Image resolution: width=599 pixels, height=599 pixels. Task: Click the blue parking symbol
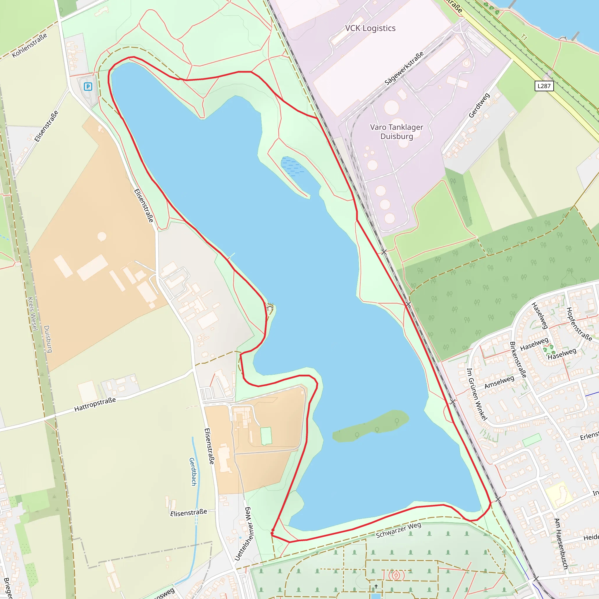point(88,87)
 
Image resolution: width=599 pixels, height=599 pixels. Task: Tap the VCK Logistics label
point(370,28)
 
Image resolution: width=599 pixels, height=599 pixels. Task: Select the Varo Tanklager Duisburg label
point(397,132)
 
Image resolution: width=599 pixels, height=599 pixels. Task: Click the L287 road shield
point(544,86)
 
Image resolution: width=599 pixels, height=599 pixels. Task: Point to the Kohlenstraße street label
point(30,45)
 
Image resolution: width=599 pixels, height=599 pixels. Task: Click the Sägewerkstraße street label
point(404,68)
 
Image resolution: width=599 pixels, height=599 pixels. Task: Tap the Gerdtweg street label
point(479,105)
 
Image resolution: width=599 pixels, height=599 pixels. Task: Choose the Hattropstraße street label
point(95,405)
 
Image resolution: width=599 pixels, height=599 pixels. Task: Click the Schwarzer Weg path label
point(398,530)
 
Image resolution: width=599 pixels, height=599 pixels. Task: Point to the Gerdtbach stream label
point(193,471)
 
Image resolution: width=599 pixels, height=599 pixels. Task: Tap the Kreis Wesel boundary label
point(32,314)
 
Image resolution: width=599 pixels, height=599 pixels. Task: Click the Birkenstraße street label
point(518,360)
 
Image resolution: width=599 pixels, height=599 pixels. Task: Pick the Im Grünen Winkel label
point(477,394)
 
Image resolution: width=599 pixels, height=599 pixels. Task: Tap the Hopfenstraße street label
point(579,324)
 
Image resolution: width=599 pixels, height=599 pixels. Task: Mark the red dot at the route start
point(272,533)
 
